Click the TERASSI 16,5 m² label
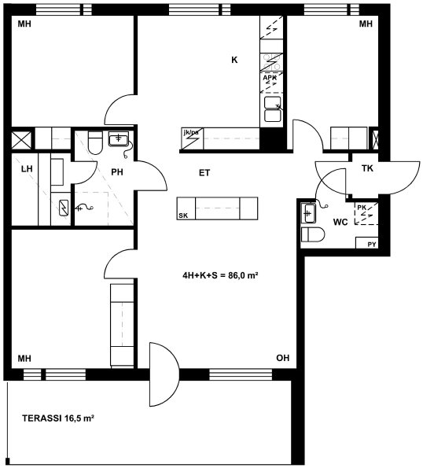[58, 418]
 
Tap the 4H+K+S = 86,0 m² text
[220, 275]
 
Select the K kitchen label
[234, 60]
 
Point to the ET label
[204, 172]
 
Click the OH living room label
[283, 358]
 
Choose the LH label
[27, 169]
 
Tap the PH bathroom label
[117, 172]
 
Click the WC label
[340, 222]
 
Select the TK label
[367, 168]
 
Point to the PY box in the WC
[367, 243]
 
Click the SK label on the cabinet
[183, 216]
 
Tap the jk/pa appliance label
[191, 132]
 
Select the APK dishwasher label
[270, 78]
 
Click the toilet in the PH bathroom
[96, 142]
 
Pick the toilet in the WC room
[313, 234]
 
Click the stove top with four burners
[271, 62]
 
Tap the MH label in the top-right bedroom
[366, 24]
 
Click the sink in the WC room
[308, 213]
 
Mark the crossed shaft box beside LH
[21, 140]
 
